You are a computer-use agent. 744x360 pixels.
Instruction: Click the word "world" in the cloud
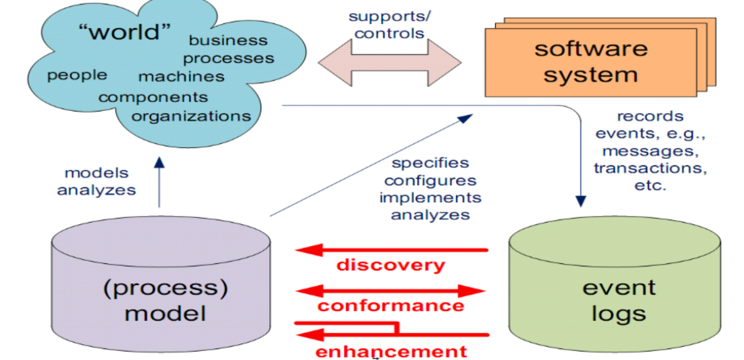click(x=124, y=32)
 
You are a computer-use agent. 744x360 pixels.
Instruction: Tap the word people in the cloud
click(x=77, y=75)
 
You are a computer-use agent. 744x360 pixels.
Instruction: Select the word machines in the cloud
click(x=181, y=77)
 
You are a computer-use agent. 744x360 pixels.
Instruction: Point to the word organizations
click(x=191, y=116)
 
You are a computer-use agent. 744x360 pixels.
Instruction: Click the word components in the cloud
click(x=153, y=97)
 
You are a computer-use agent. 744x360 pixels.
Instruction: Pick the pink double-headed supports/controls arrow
click(x=389, y=63)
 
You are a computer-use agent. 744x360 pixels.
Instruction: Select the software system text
click(x=590, y=61)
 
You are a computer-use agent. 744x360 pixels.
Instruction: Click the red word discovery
click(x=390, y=265)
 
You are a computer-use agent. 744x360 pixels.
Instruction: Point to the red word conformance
click(x=390, y=306)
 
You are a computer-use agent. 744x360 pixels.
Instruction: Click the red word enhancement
click(x=391, y=351)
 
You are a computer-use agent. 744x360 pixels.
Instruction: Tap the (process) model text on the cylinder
click(x=165, y=300)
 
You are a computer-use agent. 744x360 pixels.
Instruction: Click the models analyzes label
click(x=97, y=182)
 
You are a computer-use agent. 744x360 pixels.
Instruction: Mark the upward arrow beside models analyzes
click(x=159, y=181)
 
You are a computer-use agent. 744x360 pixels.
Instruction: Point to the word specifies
click(x=430, y=163)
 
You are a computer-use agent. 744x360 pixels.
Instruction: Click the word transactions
click(x=650, y=168)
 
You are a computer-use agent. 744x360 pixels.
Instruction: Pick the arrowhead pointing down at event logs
click(x=581, y=202)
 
